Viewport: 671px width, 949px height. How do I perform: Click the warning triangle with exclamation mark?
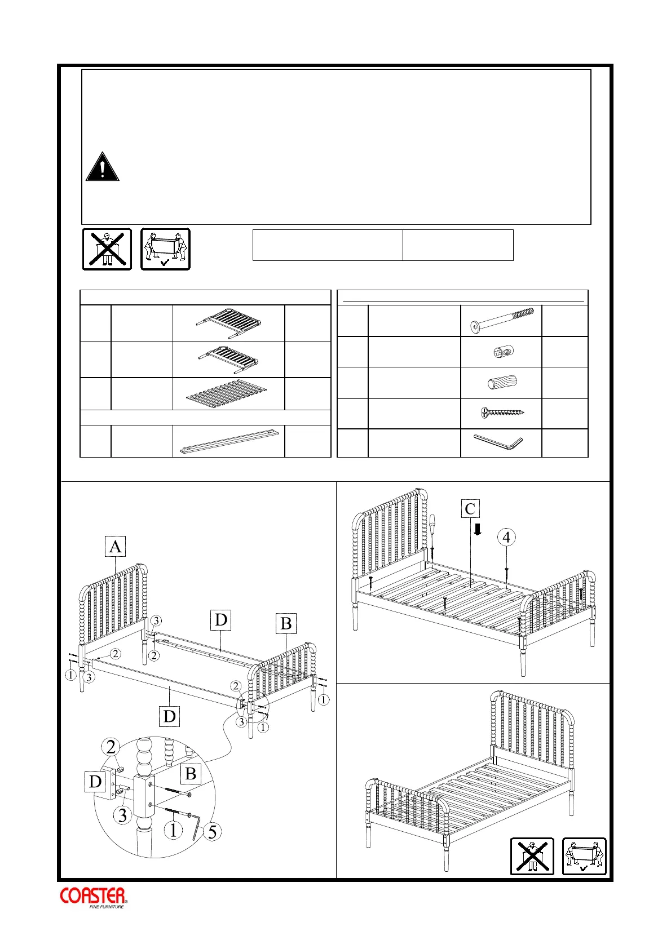(102, 167)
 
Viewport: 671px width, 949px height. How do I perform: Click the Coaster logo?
(94, 897)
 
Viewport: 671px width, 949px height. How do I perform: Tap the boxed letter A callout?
(115, 547)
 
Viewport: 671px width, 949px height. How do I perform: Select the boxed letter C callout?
(470, 509)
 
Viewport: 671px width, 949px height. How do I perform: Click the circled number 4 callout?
(506, 538)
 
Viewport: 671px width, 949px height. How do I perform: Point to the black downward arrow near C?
(478, 529)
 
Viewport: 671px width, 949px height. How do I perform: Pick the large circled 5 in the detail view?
(212, 832)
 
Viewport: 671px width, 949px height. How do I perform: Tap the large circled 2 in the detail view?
(111, 747)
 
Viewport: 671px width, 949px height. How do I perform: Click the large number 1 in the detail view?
(174, 830)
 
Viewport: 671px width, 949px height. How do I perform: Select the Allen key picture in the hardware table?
(498, 442)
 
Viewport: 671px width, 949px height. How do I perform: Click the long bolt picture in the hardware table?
(501, 321)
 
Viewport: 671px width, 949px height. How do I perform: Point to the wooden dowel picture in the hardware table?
(501, 383)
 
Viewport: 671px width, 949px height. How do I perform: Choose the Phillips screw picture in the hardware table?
(501, 413)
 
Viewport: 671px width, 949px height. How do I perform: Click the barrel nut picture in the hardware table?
(501, 352)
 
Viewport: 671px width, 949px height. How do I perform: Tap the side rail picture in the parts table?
(228, 442)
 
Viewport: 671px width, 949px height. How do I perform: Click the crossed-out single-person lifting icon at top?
(107, 249)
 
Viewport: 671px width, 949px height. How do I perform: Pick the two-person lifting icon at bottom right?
(584, 856)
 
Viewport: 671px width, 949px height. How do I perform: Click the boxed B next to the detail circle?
(191, 774)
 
